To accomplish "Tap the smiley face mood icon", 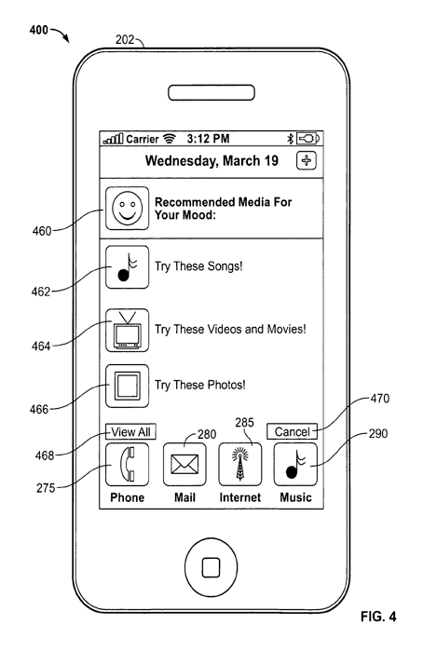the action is [127, 209].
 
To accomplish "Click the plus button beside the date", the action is [307, 160].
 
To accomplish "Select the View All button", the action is [131, 431].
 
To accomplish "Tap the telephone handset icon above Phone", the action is [127, 465].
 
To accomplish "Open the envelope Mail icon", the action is [184, 465].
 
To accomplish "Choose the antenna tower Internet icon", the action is [240, 465].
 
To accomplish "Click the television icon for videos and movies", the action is [127, 330].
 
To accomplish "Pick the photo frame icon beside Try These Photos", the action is [127, 386].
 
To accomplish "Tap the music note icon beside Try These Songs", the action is [127, 267].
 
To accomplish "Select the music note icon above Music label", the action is [295, 465].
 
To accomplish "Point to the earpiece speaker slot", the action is [211, 93].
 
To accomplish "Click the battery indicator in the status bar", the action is [307, 139].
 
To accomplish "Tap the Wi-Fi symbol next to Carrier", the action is [169, 139].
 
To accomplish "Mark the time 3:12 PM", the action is [208, 139].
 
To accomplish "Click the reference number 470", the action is [380, 399].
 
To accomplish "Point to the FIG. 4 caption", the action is [378, 617].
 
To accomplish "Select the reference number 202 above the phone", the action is [125, 39].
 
